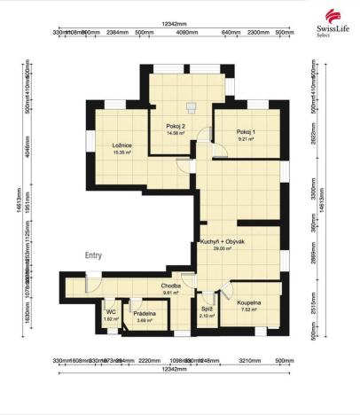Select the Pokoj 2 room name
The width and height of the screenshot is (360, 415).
pos(175,126)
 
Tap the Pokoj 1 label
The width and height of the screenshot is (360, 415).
pos(245,132)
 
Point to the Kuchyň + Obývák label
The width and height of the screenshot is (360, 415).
pos(223,241)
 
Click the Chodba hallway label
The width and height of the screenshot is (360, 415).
pos(171,286)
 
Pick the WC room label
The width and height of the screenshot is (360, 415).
pos(111,311)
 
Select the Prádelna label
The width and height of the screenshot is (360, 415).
pos(145,313)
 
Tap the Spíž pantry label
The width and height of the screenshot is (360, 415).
pos(206,309)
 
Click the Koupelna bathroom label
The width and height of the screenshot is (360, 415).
pos(249,303)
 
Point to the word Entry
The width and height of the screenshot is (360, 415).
pos(93,254)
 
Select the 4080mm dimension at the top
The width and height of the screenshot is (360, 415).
pos(186,32)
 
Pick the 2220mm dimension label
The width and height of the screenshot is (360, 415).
pos(148,361)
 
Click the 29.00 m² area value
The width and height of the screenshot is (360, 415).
pos(222,249)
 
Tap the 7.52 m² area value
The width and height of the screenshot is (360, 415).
pos(249,310)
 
